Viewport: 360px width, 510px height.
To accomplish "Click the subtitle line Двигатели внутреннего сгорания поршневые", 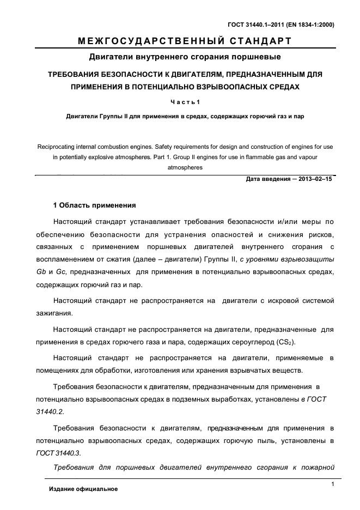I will pyautogui.click(x=184, y=57).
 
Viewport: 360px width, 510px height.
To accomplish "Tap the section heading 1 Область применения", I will pyautogui.click(x=94, y=206).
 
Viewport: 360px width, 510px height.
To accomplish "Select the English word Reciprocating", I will pyautogui.click(x=59, y=147).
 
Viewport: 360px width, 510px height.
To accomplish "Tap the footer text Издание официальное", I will pyautogui.click(x=83, y=489).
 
